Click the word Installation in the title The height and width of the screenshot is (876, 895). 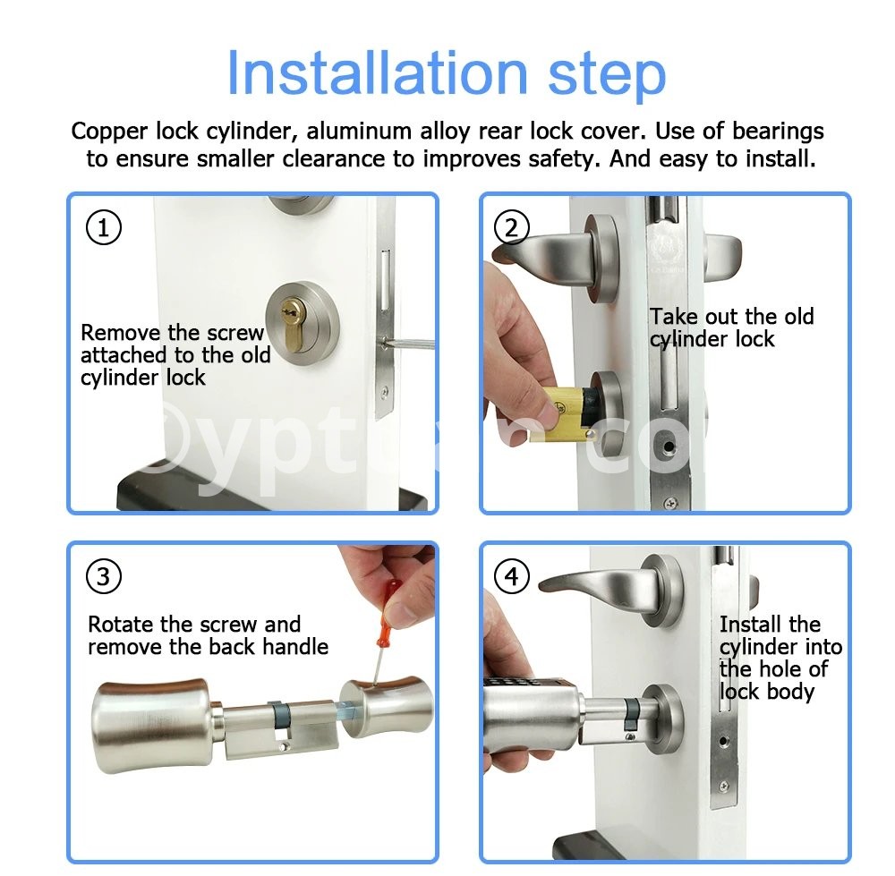tap(377, 73)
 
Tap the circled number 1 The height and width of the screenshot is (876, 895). tap(103, 227)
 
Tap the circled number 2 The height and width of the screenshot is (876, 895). tap(511, 227)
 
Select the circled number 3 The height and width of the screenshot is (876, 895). tap(103, 576)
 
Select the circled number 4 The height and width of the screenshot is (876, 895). tap(511, 576)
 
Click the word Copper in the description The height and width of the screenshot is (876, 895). tap(109, 132)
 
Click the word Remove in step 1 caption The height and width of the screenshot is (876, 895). tap(121, 332)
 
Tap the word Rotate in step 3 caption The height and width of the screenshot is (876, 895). tap(121, 624)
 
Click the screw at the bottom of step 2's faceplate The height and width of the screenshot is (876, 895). tap(670, 503)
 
